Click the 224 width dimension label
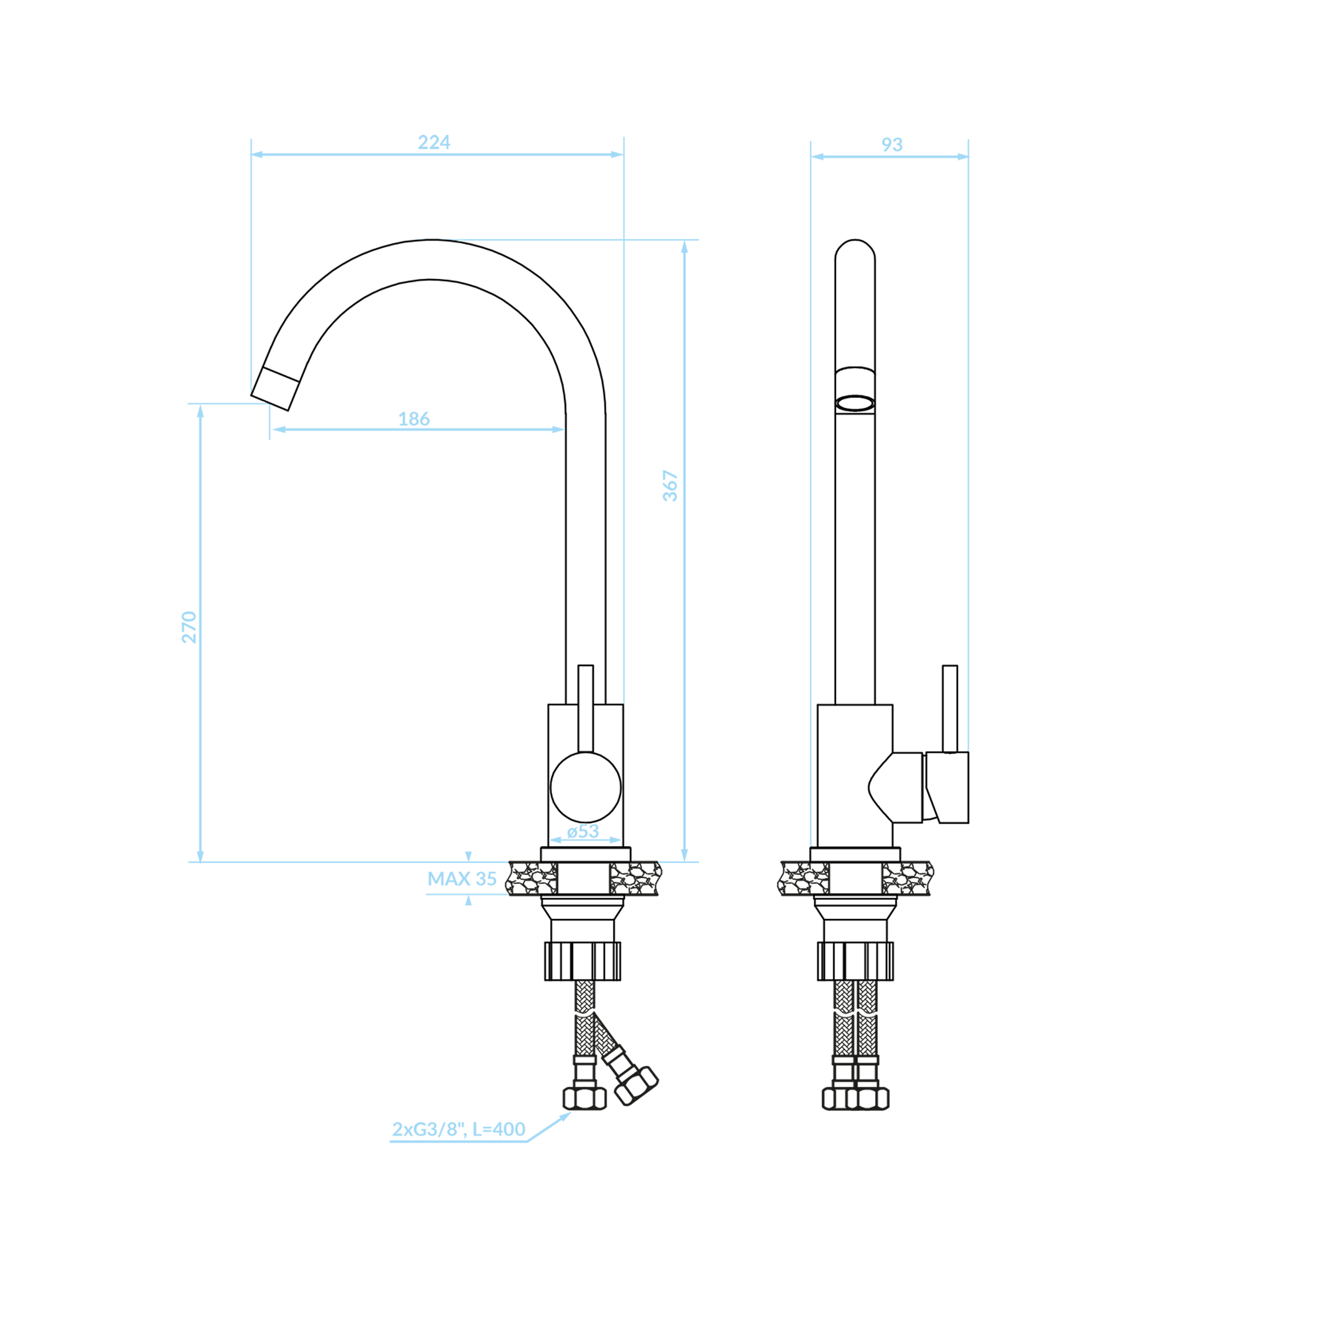click(x=434, y=142)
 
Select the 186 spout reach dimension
click(x=414, y=419)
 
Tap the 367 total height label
click(x=670, y=486)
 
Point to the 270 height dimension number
click(x=189, y=627)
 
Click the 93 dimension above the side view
click(x=892, y=145)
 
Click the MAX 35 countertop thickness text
click(x=461, y=879)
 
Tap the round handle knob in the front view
click(x=586, y=787)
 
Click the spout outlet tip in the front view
click(x=275, y=389)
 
